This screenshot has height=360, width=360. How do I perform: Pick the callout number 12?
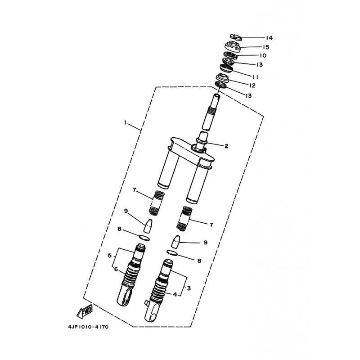(x=252, y=85)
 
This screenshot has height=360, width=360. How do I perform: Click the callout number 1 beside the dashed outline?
(x=126, y=122)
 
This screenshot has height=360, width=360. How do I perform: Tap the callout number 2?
(x=226, y=146)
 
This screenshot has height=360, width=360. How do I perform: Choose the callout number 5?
(x=109, y=255)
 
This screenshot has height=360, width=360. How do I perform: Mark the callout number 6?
(x=116, y=269)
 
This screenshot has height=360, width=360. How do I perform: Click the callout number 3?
(x=189, y=288)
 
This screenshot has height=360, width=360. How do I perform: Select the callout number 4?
(x=175, y=294)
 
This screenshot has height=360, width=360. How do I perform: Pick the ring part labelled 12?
(x=223, y=79)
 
